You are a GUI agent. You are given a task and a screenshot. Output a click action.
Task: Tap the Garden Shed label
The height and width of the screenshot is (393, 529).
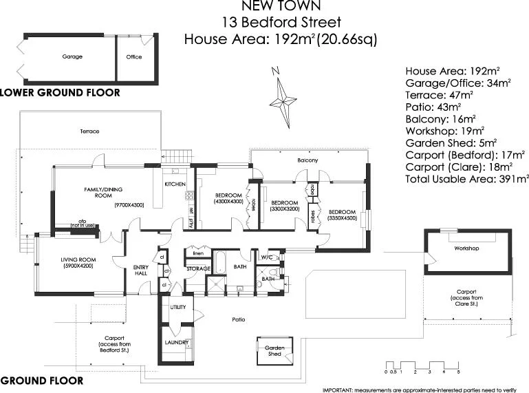[x=274, y=351]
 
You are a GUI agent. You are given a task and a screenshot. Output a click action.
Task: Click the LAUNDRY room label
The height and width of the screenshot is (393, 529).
[x=177, y=342]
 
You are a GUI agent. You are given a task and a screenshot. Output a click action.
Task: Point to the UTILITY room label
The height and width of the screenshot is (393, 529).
[x=178, y=307]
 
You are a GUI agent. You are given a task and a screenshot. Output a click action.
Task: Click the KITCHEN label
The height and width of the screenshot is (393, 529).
[x=174, y=184]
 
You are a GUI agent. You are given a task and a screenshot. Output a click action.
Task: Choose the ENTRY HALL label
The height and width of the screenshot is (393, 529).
[x=140, y=270]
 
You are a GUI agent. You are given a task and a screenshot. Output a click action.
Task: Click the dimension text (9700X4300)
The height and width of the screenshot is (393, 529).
[x=129, y=205]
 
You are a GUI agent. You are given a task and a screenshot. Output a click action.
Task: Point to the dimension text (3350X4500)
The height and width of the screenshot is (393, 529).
[x=342, y=219]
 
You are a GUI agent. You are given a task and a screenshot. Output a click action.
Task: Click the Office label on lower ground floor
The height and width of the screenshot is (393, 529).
[x=133, y=57]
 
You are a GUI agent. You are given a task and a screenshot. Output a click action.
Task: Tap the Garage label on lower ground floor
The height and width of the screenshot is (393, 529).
[x=72, y=57]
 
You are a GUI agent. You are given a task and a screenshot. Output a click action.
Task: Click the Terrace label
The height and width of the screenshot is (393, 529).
[x=89, y=131]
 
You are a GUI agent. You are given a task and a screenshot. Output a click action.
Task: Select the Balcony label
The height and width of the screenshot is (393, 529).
[x=307, y=160]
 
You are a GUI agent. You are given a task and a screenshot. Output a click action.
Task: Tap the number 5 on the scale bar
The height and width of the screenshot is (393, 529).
[x=458, y=372]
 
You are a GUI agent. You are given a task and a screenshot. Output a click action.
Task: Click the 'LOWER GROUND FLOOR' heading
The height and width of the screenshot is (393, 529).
[x=60, y=92]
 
